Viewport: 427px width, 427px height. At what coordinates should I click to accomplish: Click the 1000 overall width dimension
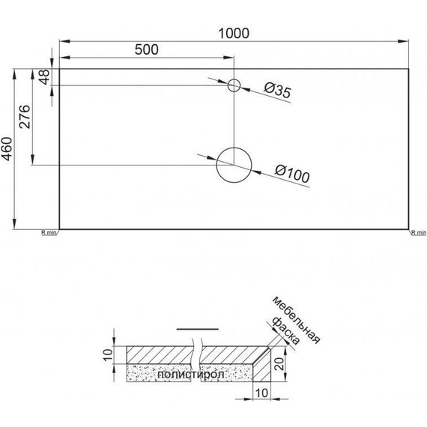(234, 33)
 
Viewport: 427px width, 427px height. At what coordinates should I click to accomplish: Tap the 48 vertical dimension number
(44, 77)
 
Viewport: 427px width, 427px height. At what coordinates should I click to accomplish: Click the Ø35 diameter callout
(277, 91)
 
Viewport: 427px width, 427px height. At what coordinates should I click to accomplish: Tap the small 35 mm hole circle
(234, 85)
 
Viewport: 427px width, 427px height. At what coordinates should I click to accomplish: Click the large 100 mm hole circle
(234, 166)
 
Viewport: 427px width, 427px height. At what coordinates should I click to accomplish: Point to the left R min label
(49, 233)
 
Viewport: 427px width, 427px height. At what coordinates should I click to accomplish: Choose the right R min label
(418, 233)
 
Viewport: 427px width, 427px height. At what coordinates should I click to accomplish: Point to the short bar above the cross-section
(198, 329)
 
